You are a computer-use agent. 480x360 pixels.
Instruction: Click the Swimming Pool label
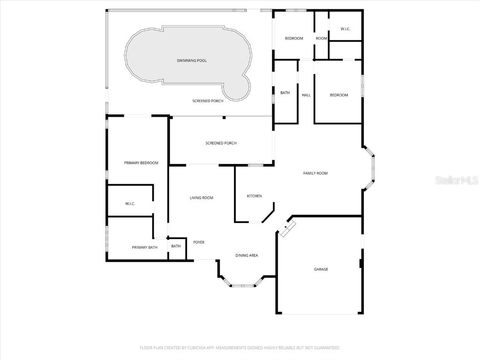191,60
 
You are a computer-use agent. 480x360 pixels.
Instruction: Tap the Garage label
321,270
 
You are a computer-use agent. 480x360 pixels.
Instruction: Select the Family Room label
315,173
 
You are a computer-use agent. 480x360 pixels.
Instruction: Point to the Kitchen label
254,196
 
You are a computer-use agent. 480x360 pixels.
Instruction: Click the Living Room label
201,198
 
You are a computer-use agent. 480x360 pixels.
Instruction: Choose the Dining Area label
247,255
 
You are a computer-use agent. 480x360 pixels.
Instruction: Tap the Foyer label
199,242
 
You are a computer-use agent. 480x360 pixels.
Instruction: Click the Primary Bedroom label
141,163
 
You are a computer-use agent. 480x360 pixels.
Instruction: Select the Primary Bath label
144,247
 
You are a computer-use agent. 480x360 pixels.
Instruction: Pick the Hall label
306,95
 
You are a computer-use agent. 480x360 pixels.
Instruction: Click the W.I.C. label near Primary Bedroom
130,204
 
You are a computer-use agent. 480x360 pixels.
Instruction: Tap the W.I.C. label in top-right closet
345,29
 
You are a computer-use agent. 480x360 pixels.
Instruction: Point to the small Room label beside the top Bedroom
321,38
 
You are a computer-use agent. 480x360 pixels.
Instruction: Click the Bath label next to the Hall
285,93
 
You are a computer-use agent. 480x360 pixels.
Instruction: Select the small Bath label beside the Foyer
176,247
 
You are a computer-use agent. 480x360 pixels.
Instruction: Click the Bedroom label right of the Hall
339,95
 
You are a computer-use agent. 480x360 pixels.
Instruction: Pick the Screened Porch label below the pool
208,101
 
